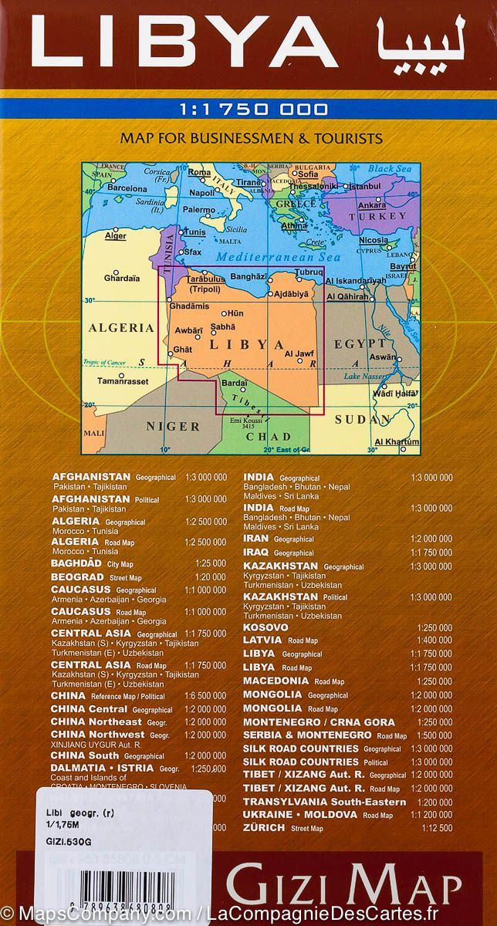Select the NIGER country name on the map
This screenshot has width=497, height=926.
coord(173,426)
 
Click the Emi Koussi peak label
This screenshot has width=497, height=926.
coord(248,420)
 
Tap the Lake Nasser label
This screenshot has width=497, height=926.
coord(363,376)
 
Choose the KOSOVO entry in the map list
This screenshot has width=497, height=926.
coord(265,627)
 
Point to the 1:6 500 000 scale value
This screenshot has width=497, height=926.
coord(206,695)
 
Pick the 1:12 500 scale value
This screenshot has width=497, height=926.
coord(436,828)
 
